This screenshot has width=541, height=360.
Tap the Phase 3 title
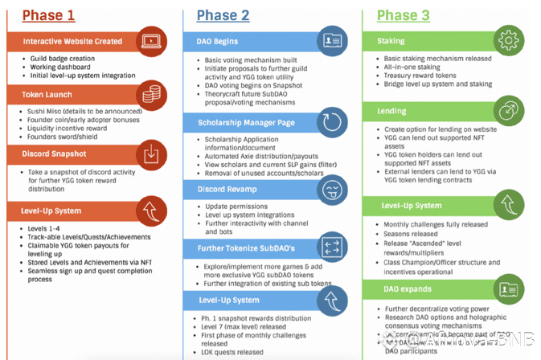[408, 15]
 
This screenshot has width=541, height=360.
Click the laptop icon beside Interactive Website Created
[150, 41]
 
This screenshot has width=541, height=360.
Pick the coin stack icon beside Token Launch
[150, 96]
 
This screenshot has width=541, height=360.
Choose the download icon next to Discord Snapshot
[150, 153]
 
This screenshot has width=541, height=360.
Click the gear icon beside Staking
[508, 41]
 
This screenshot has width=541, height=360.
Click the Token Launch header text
[47, 95]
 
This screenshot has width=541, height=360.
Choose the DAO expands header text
[403, 288]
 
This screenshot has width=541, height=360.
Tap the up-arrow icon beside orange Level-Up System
[150, 211]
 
